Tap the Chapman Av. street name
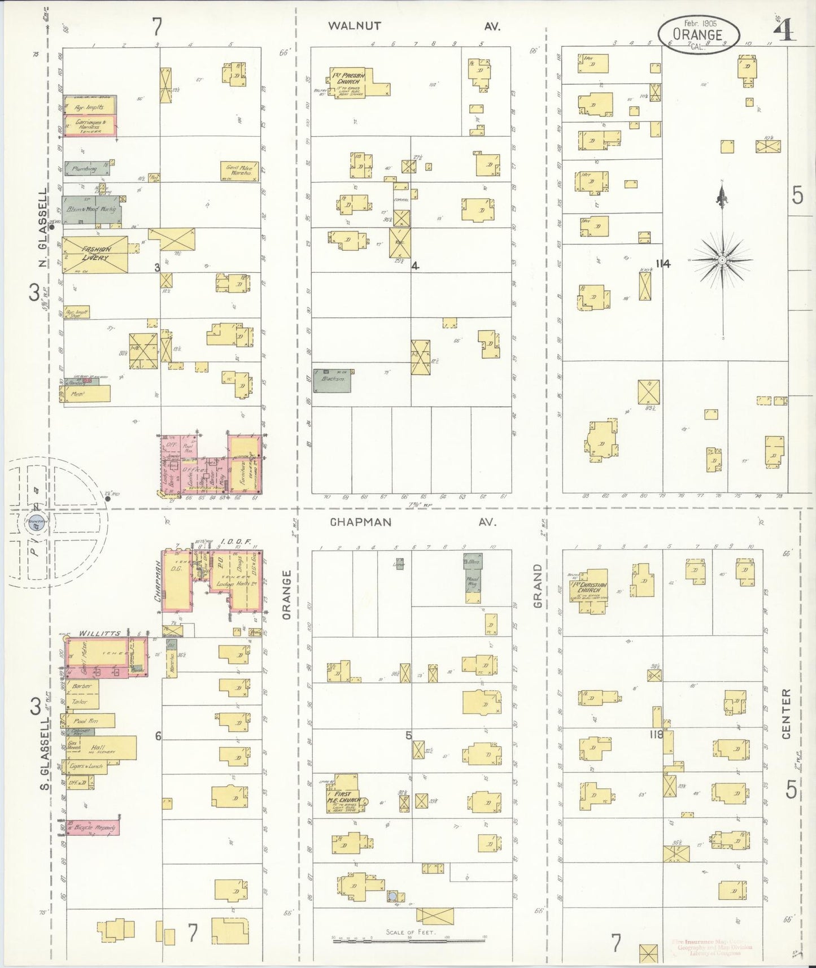[360, 522]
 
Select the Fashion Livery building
[94, 255]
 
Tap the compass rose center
[722, 260]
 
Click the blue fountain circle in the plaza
[35, 526]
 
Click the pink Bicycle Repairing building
[93, 828]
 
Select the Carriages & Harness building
[90, 126]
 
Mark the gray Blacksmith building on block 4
[333, 380]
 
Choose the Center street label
[787, 714]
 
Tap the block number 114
[662, 264]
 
